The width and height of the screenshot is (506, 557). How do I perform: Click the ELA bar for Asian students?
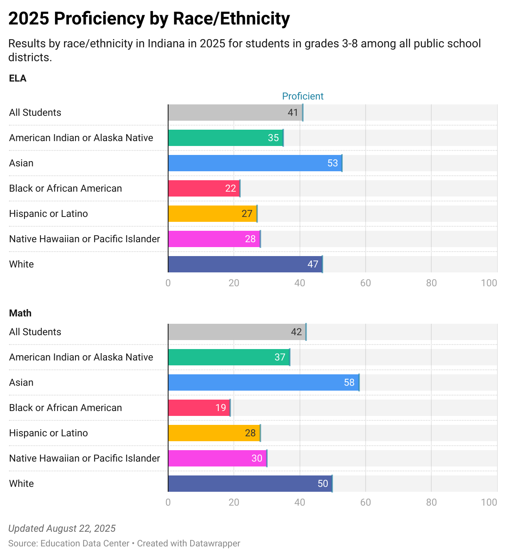coord(255,163)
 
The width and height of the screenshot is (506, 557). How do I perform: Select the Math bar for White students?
coord(250,484)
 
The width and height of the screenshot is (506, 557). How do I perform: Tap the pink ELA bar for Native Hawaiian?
coord(214,239)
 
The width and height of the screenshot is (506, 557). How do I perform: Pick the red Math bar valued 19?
coord(199,408)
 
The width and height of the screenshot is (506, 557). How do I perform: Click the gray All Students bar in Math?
coord(237,332)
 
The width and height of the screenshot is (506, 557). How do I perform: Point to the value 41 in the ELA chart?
coord(293,113)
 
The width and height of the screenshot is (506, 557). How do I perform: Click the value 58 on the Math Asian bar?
coord(349,382)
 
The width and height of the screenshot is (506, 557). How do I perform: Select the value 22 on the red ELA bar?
coord(231,188)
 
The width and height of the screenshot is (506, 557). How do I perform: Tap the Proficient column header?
coord(303,96)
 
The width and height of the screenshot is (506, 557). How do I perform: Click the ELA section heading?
coord(18,78)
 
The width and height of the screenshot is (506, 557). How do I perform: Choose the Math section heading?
coord(20,313)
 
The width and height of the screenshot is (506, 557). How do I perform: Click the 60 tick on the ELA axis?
coord(366,283)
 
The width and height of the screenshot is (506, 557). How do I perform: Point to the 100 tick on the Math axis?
coord(489,502)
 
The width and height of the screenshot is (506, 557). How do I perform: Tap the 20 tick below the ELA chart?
coord(234,283)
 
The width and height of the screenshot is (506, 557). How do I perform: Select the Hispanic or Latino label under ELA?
coord(49,214)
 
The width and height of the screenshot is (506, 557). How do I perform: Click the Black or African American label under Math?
coord(65,408)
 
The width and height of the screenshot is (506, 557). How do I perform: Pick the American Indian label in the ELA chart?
coord(81,138)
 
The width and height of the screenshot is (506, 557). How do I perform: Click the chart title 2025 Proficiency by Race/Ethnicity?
coord(149,19)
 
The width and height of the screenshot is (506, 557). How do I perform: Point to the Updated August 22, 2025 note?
coord(62,528)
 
